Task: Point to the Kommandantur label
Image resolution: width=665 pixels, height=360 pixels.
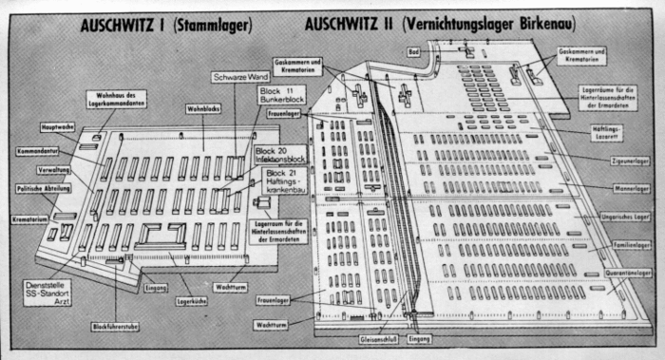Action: tap(38, 151)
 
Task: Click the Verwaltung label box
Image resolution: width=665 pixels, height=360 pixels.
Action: tap(54, 170)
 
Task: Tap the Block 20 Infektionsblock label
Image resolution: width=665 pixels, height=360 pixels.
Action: tap(280, 155)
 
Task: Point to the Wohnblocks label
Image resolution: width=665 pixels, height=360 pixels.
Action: tap(203, 110)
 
